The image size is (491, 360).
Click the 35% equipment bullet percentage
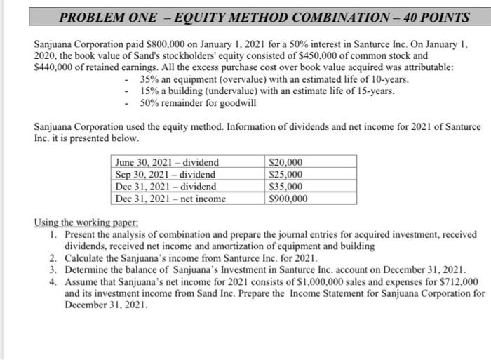point(149,80)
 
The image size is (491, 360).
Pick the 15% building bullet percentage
point(149,91)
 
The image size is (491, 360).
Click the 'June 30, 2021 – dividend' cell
point(167,162)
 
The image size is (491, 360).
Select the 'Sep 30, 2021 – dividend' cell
point(166,174)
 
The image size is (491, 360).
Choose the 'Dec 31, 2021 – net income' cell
point(170,199)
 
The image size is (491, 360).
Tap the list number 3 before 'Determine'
point(53,269)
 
